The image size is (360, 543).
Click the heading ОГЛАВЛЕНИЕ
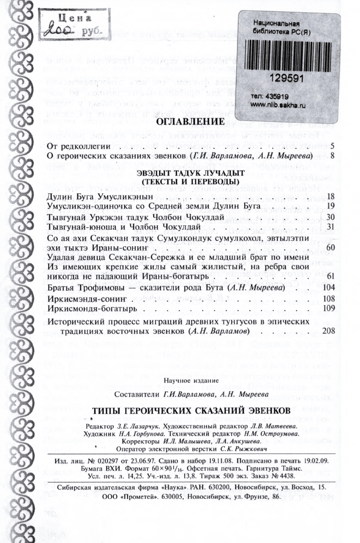pos(190,123)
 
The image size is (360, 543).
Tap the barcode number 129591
pos(284,78)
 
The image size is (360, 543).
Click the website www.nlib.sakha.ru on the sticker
pos(278,104)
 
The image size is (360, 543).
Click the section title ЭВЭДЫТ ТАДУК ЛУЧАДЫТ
pos(190,173)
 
